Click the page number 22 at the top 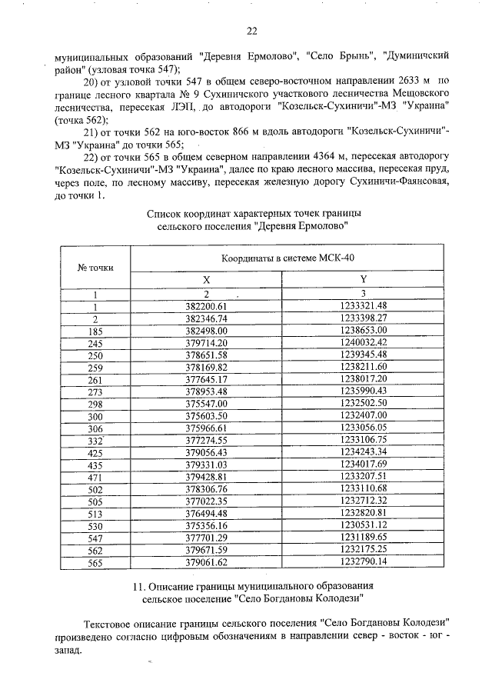pos(251,32)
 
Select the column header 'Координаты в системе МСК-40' pos(288,258)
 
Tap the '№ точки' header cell pos(95,268)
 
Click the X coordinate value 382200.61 pos(208,305)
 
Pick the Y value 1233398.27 pos(363,318)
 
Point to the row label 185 pos(95,330)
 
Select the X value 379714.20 pos(208,342)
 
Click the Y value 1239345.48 pos(363,355)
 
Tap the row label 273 pos(95,391)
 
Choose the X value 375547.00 pos(208,404)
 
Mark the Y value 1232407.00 pos(363,416)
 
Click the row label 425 pos(95,453)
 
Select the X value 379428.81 pos(208,478)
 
